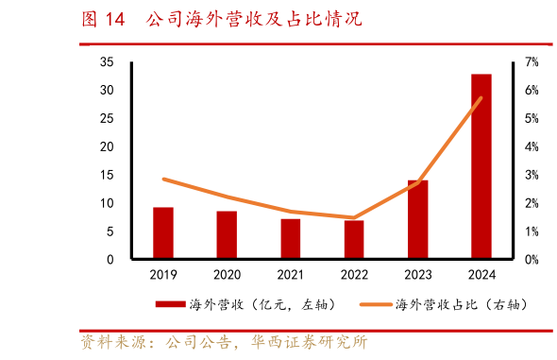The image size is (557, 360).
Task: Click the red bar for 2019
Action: [x=163, y=233]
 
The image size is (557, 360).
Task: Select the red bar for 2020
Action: [x=227, y=235]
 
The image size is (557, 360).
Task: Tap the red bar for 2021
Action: [x=291, y=239]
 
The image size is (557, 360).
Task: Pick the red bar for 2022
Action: [x=354, y=240]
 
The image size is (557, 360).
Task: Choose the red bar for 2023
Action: [x=417, y=219]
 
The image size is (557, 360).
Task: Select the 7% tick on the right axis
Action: [x=532, y=61]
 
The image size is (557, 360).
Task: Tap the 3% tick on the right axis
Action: [x=532, y=175]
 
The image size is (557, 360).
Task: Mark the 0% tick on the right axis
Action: [x=532, y=260]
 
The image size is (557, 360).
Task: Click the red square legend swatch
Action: [x=171, y=305]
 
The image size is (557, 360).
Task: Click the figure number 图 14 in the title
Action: [x=103, y=19]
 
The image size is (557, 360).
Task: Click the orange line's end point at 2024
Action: [x=481, y=98]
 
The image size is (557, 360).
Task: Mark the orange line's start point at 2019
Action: [x=163, y=179]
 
